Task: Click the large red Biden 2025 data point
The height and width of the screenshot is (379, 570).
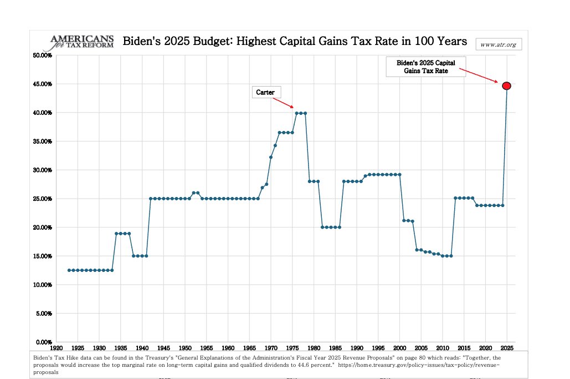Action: (506, 85)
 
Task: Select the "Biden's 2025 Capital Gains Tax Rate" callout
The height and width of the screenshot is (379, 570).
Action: (425, 67)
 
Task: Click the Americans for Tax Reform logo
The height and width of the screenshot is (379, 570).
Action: (81, 42)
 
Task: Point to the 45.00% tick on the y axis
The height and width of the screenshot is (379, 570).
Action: (42, 84)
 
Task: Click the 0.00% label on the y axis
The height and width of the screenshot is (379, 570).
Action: (43, 342)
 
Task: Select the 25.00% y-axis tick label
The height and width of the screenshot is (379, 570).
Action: (42, 199)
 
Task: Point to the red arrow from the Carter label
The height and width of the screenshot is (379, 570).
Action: (283, 102)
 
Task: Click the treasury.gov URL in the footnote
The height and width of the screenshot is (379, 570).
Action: (421, 365)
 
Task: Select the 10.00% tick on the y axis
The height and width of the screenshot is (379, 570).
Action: (42, 285)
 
